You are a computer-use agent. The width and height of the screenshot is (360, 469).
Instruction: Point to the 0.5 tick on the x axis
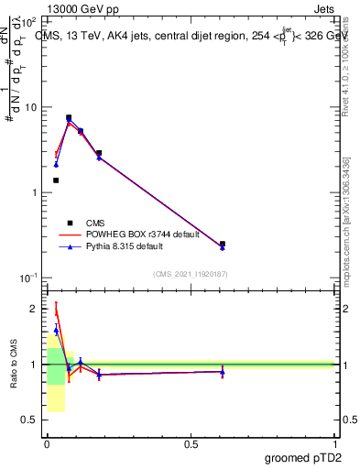click(191, 443)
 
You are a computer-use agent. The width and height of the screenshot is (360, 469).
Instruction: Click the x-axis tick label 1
click(334, 443)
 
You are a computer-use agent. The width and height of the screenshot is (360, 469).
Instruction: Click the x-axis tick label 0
click(47, 443)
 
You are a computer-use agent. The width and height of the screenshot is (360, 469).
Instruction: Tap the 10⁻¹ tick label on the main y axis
click(27, 278)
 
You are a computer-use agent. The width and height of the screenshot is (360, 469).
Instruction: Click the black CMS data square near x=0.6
click(223, 245)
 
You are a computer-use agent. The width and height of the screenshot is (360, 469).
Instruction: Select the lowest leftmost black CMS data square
click(56, 180)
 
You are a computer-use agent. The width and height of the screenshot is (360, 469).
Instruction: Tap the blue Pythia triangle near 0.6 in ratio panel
click(223, 371)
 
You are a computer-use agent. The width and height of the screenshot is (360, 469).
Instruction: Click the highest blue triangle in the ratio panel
click(56, 330)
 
